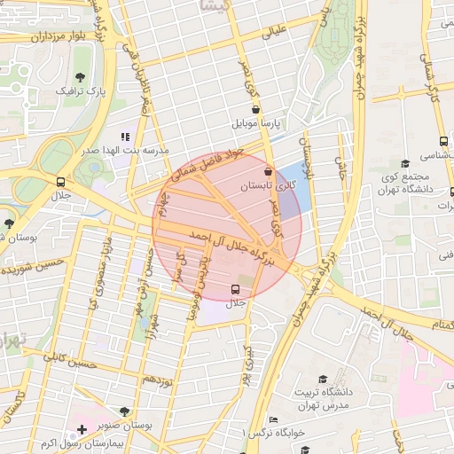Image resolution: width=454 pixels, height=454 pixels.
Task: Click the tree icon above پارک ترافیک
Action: click(x=81, y=76)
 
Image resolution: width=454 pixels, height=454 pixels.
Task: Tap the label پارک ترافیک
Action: click(x=81, y=90)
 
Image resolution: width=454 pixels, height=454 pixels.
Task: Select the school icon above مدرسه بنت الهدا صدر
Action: click(x=125, y=137)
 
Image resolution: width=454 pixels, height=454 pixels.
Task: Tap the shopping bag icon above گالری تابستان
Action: click(x=268, y=171)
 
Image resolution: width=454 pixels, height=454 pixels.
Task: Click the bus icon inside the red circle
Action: click(x=236, y=289)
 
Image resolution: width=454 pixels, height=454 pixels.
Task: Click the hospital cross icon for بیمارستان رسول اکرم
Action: click(x=82, y=429)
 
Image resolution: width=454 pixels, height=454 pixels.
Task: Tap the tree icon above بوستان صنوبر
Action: click(x=123, y=412)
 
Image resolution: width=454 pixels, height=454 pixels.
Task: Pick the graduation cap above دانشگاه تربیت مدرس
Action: click(x=322, y=379)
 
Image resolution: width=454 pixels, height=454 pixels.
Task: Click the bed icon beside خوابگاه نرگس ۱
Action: click(x=273, y=419)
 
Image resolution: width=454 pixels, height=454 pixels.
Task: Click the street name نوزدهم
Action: click(x=157, y=380)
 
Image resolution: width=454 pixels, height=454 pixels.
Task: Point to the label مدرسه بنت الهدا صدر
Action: click(x=125, y=152)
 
